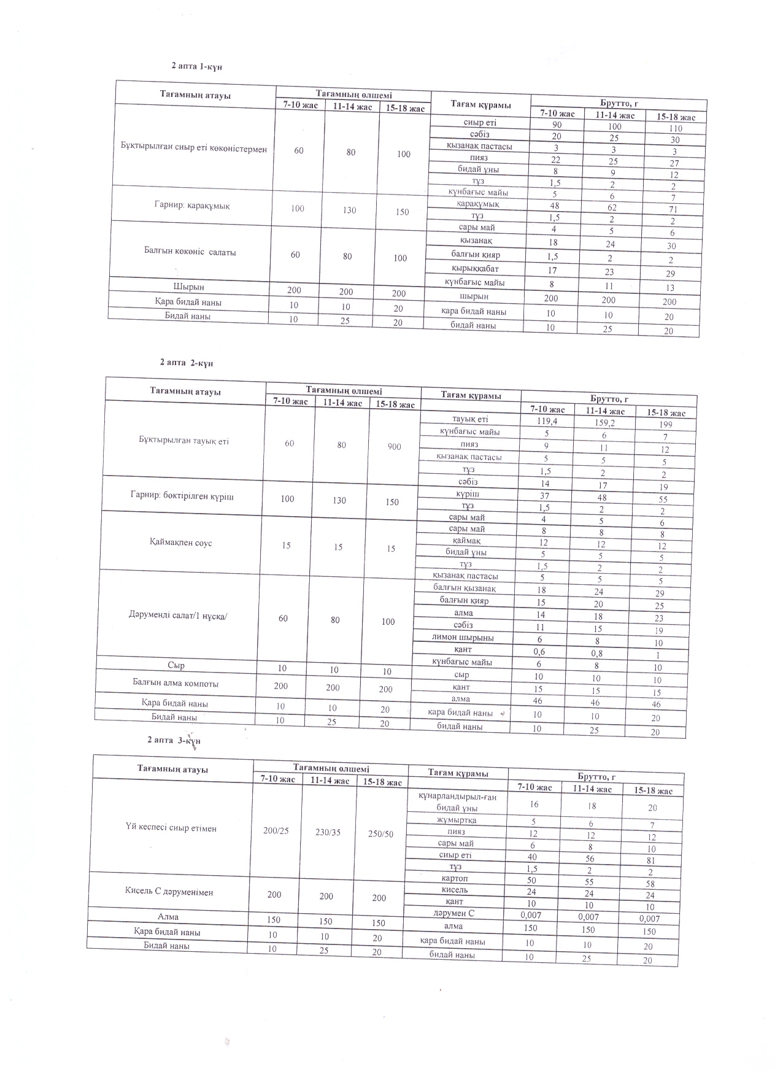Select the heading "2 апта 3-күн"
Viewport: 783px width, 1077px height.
point(174,740)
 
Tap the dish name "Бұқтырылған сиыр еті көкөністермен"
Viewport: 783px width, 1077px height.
point(194,149)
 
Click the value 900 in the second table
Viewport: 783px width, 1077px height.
point(395,447)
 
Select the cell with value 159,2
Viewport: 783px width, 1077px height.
point(604,423)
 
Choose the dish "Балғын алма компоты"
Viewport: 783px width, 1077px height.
point(175,683)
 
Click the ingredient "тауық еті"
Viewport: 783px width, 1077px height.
point(470,419)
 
